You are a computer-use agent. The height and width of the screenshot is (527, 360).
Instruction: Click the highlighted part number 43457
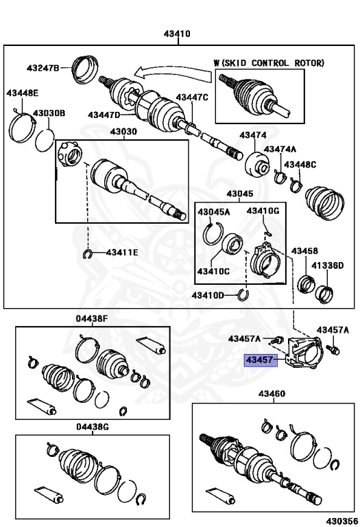259,360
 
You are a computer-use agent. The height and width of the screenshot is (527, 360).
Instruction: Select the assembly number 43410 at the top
177,34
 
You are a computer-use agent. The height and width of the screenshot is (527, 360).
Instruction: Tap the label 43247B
43,68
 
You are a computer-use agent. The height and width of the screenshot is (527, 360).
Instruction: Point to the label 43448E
23,93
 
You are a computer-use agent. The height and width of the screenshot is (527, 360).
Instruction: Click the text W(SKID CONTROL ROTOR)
269,63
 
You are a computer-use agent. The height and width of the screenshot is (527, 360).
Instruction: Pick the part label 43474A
280,149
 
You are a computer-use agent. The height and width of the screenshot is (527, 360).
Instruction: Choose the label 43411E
122,252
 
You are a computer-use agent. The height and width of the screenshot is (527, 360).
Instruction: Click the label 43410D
208,296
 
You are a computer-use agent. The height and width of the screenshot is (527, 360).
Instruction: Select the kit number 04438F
92,318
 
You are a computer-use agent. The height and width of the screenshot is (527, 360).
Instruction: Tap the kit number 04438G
93,427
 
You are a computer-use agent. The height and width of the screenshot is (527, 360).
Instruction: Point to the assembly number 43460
272,394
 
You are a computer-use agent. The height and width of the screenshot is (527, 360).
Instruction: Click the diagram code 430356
342,522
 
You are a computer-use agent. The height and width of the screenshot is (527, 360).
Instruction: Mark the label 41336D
327,266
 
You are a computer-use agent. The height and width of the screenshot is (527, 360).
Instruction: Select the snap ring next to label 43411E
87,255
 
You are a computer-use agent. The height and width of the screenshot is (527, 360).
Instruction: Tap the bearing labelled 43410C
231,244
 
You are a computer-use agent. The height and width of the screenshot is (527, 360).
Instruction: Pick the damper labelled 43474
257,165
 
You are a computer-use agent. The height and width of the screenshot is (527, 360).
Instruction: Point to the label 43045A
213,212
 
